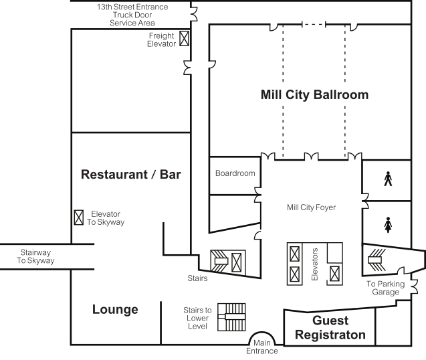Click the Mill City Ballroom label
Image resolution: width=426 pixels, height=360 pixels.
[314, 94]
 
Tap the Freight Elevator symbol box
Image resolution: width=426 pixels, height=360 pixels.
[185, 39]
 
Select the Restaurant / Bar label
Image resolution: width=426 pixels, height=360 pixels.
[131, 175]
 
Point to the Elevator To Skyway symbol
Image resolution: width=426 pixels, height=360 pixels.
[78, 217]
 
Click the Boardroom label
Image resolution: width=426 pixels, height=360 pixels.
[235, 173]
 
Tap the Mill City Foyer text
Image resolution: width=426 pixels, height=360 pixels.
[311, 207]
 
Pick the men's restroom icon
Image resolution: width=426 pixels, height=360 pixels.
[387, 179]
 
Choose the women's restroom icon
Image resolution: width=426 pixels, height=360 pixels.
[388, 224]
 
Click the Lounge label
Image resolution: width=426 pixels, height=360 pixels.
[115, 310]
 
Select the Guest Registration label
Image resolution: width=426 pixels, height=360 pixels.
[330, 327]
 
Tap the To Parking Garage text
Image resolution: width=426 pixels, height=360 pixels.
[385, 288]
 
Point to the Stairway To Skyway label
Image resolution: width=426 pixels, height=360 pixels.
[36, 256]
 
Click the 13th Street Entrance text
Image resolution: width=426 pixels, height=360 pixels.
[132, 7]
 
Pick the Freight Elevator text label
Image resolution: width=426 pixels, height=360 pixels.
[161, 39]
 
